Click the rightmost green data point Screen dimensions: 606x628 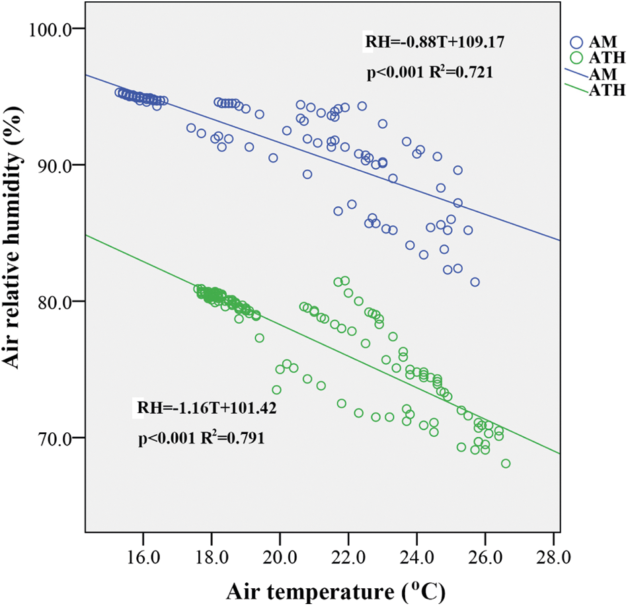point(506,463)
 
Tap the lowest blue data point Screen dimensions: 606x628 point(475,282)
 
